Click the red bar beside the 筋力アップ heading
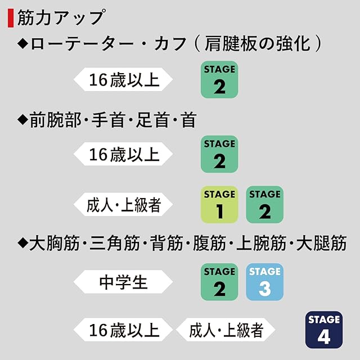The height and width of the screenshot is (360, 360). [x=9, y=17]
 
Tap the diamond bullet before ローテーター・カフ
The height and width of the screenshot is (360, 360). [x=23, y=44]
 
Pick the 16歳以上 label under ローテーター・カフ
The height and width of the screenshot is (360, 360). [x=124, y=79]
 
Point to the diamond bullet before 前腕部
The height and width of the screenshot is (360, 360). [x=23, y=119]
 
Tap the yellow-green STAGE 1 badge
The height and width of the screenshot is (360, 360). [x=219, y=204]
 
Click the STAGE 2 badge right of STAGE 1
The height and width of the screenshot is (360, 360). [x=265, y=204]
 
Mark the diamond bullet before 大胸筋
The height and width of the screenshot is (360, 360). [x=23, y=244]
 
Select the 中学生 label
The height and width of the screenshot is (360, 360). [x=124, y=281]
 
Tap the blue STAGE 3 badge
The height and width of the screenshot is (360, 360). [x=265, y=281]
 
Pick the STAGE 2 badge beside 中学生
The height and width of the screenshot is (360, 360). [x=219, y=281]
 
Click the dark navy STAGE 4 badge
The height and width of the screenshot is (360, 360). [x=324, y=328]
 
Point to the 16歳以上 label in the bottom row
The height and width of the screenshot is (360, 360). [x=124, y=330]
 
